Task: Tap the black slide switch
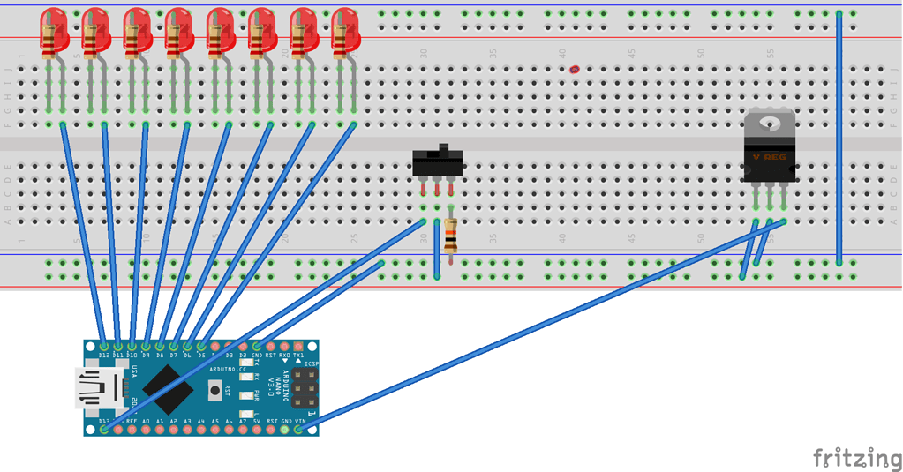tap(436, 163)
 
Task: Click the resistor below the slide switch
tap(450, 236)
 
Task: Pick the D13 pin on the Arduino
tap(104, 430)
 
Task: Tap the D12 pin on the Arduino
tap(104, 345)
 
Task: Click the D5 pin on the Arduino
tap(201, 345)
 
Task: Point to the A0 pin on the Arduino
tap(146, 430)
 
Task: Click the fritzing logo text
tap(851, 457)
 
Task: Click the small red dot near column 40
tap(576, 69)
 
